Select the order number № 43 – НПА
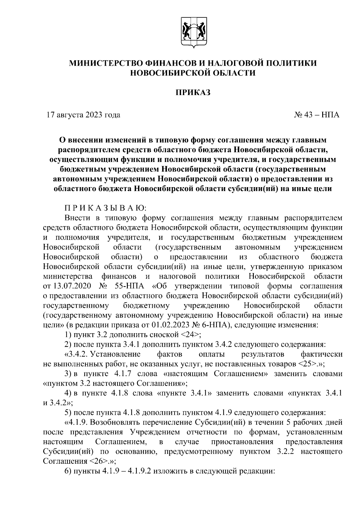tap(319, 115)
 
